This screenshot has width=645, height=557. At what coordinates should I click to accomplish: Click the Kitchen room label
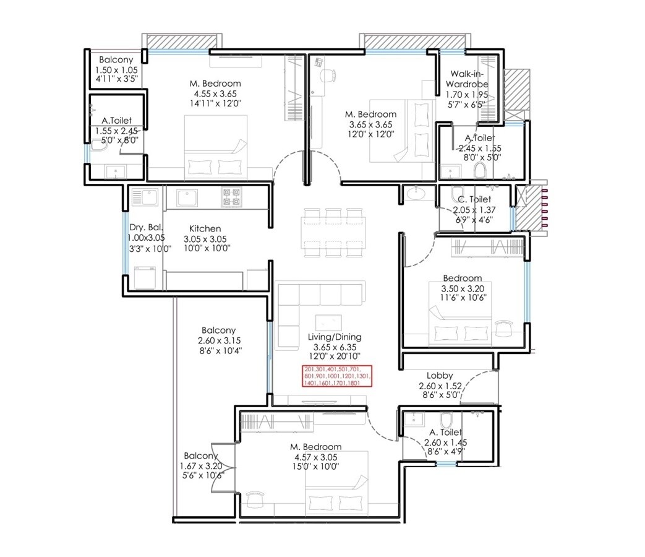[x=205, y=228]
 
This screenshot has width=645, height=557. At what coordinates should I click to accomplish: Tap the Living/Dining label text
[x=335, y=337]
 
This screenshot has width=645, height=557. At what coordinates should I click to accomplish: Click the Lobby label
[x=440, y=376]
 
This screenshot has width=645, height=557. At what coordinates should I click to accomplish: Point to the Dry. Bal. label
[x=146, y=227]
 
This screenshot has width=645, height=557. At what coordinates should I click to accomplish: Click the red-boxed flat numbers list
[x=338, y=376]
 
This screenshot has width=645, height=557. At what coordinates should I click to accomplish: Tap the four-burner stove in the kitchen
[x=231, y=197]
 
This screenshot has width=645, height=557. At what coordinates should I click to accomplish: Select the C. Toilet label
[x=474, y=199]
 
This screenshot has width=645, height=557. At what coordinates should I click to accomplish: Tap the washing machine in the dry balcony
[x=145, y=277]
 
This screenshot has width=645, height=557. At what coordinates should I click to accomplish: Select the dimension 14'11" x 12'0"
[x=215, y=104]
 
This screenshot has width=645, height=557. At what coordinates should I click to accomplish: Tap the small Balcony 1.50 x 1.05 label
[x=116, y=59]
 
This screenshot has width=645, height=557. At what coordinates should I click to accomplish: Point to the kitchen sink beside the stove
[x=187, y=198]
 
